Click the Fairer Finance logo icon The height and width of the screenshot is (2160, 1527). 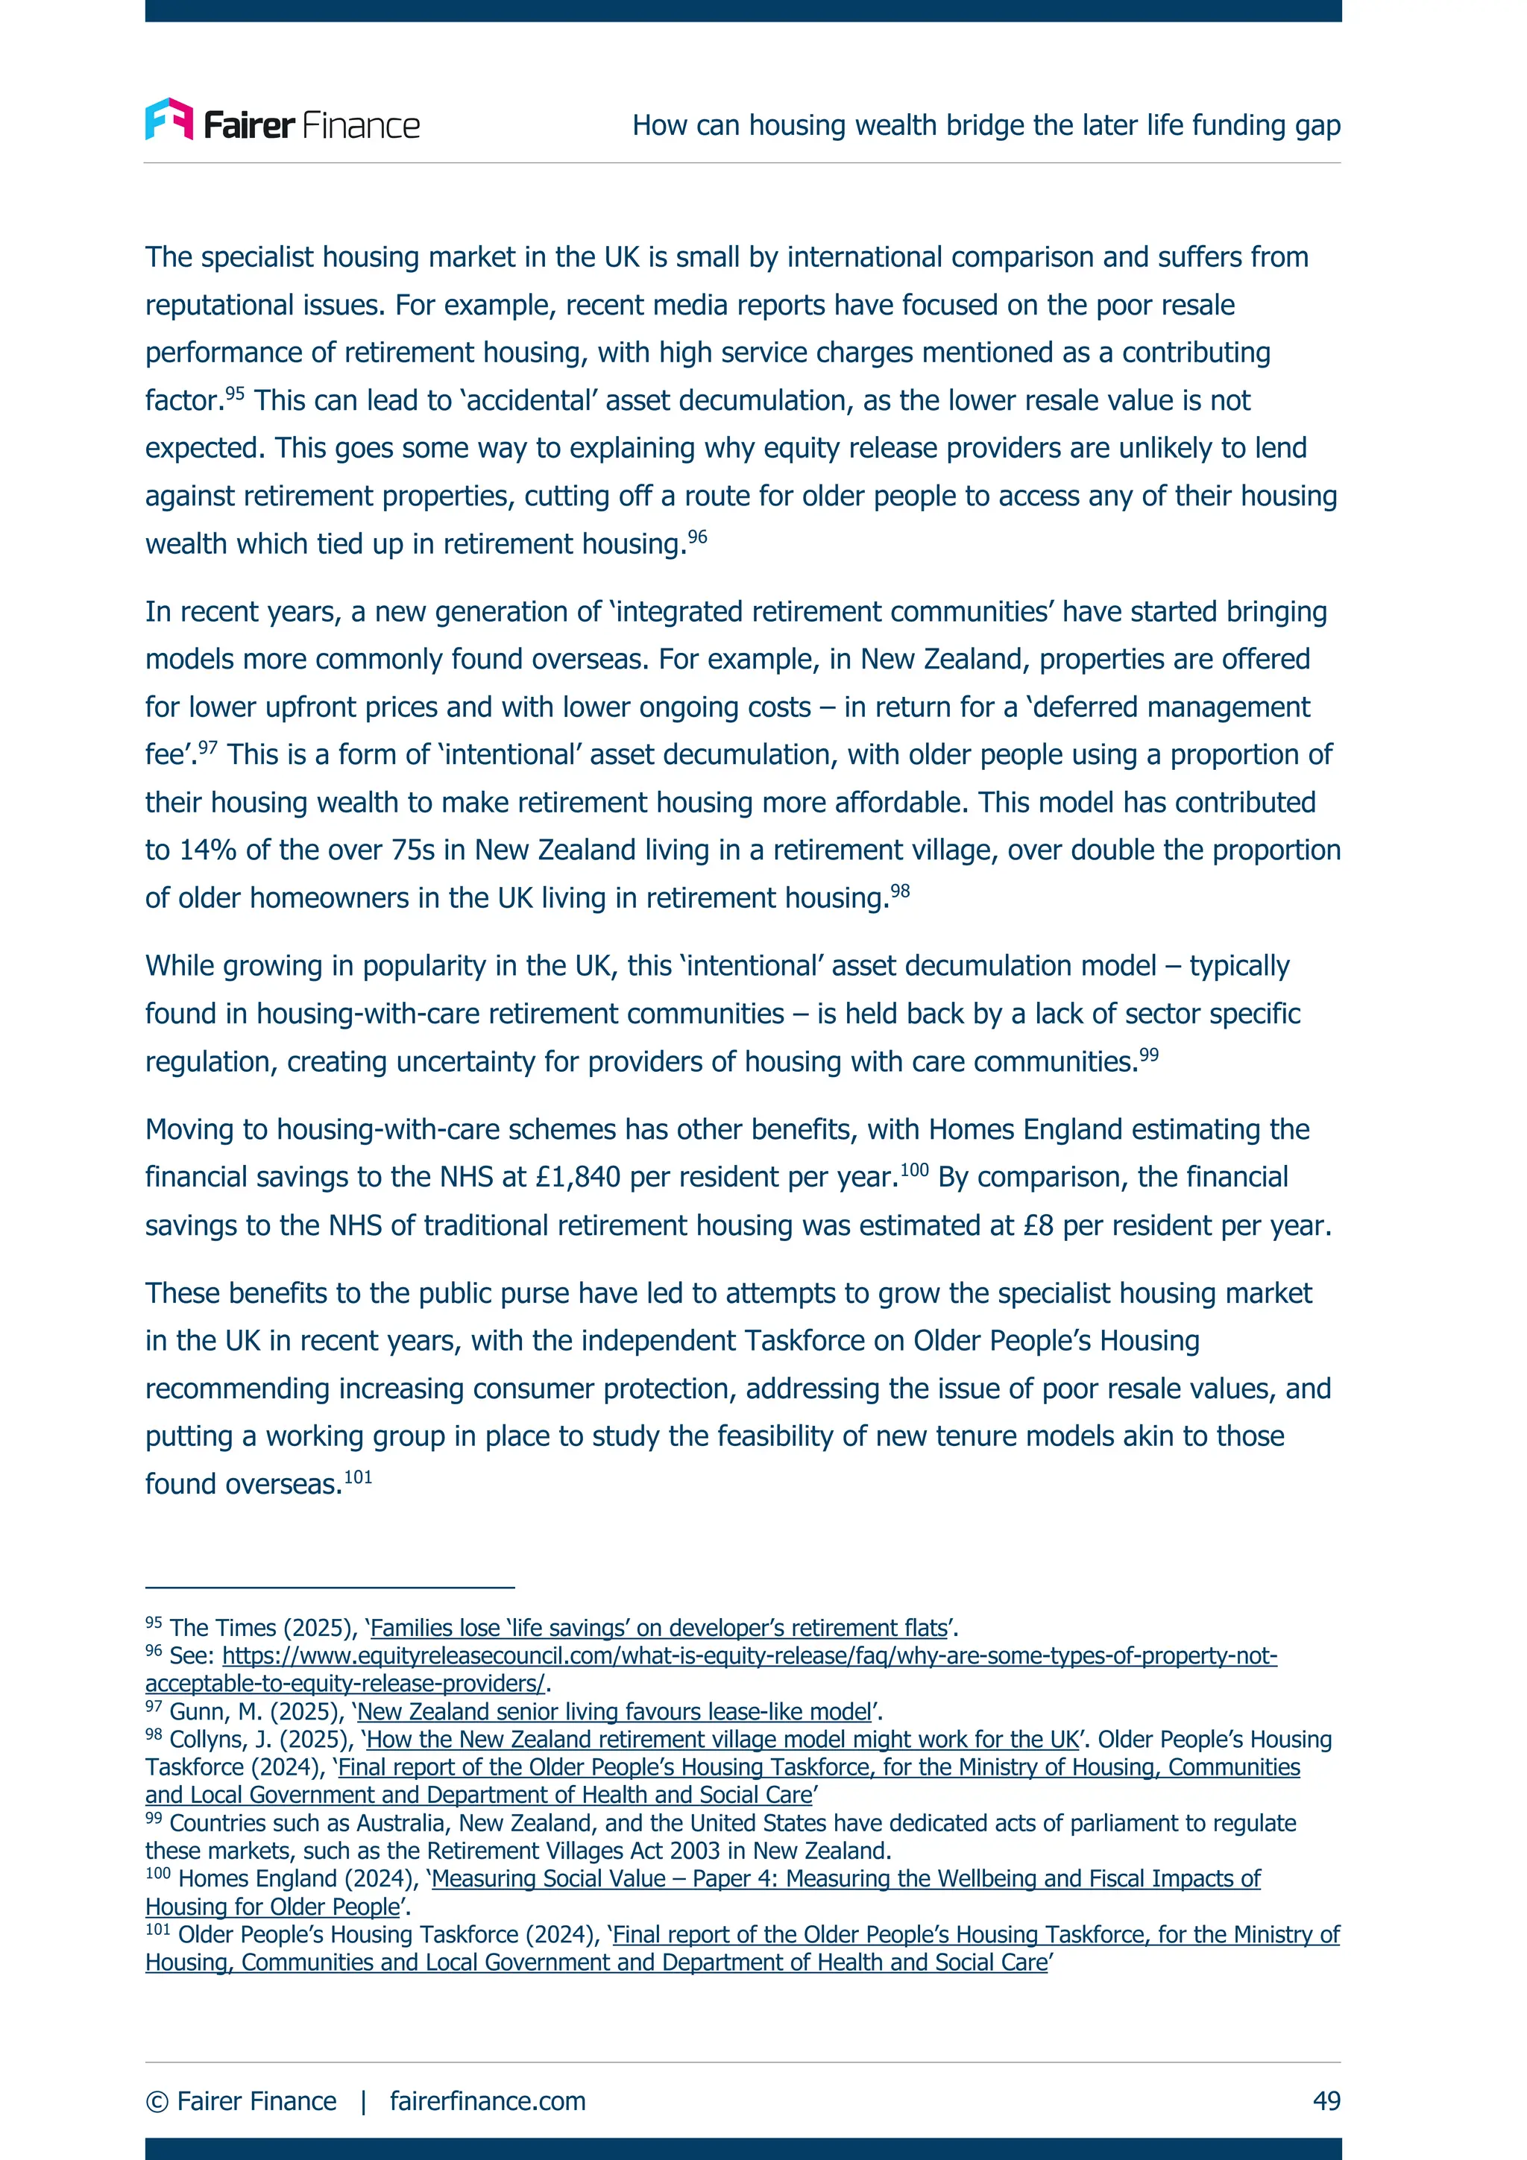[169, 119]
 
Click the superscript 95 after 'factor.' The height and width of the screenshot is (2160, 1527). [234, 392]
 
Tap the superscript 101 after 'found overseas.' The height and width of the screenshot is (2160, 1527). [358, 1476]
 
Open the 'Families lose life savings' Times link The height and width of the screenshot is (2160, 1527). [658, 1629]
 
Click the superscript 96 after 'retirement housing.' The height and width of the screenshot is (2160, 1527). [697, 536]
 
